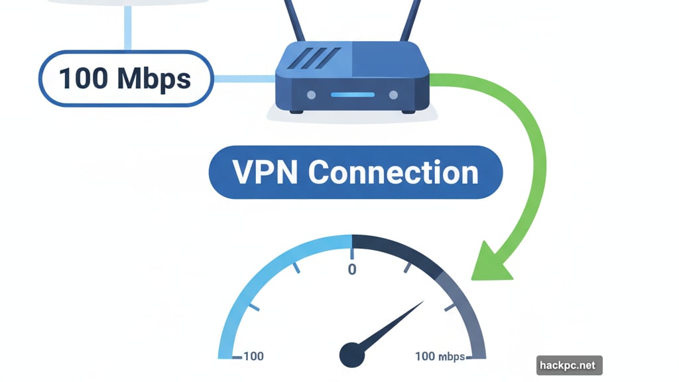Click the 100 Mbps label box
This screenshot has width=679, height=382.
(x=124, y=79)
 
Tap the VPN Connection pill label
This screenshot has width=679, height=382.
(x=355, y=172)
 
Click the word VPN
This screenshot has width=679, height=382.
(x=265, y=172)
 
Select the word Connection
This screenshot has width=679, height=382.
(x=393, y=172)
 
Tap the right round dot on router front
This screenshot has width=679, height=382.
(x=394, y=95)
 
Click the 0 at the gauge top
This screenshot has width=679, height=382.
(x=352, y=269)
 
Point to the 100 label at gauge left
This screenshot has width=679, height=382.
(x=253, y=356)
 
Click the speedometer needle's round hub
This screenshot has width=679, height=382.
(x=352, y=354)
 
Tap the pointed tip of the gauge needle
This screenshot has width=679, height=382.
(x=423, y=302)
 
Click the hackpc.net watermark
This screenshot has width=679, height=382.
(x=570, y=365)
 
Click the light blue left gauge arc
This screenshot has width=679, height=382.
(x=265, y=279)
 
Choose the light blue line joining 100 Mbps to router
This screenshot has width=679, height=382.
(x=243, y=79)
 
